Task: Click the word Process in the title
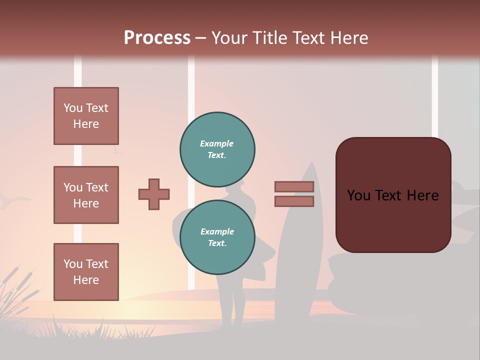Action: tap(157, 37)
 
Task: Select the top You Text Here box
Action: tap(86, 116)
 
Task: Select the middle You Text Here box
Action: tap(86, 195)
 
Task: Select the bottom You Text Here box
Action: tap(86, 271)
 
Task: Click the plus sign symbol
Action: tap(154, 194)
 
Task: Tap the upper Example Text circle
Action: tap(217, 149)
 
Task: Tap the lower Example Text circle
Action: tap(217, 237)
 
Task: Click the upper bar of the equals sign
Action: tap(294, 186)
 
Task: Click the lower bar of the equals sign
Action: tap(294, 201)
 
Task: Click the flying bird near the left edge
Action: tap(8, 201)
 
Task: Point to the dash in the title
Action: tap(200, 38)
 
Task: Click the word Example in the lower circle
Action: tap(217, 231)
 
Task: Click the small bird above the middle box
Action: tap(118, 150)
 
